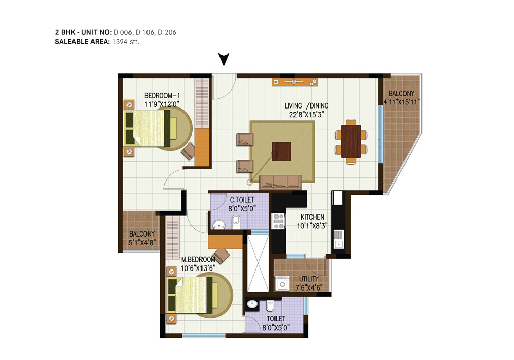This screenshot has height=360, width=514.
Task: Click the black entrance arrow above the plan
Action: pyautogui.click(x=224, y=60)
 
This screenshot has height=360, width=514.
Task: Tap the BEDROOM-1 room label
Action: pyautogui.click(x=162, y=96)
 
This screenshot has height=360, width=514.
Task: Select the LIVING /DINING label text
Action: pyautogui.click(x=306, y=105)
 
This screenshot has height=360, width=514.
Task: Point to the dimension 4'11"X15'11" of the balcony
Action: pyautogui.click(x=401, y=102)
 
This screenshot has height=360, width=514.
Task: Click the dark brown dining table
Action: pyautogui.click(x=351, y=141)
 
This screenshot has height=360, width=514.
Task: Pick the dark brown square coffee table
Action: pyautogui.click(x=282, y=152)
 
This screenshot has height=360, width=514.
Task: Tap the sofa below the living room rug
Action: pyautogui.click(x=280, y=182)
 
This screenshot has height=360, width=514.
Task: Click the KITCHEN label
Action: pyautogui.click(x=313, y=217)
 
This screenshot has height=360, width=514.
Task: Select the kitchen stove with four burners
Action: pyautogui.click(x=279, y=221)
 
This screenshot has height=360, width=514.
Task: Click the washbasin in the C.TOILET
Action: pyautogui.click(x=218, y=225)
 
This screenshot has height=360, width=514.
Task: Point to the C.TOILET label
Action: pyautogui.click(x=242, y=200)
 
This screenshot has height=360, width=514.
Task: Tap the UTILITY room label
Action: pyautogui.click(x=308, y=279)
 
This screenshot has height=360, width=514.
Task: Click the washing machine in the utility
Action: pyautogui.click(x=282, y=283)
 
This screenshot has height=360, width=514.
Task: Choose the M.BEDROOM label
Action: pyautogui.click(x=198, y=259)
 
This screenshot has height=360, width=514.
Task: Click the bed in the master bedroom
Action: pyautogui.click(x=190, y=295)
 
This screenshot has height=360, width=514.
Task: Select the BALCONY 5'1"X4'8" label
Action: pyautogui.click(x=142, y=238)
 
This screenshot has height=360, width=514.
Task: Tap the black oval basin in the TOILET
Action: pyautogui.click(x=252, y=304)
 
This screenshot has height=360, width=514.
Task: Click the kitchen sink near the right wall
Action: pyautogui.click(x=339, y=244)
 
